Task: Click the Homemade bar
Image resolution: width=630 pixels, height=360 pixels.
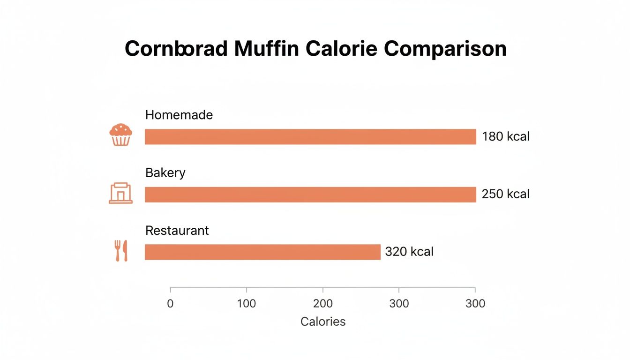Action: coord(310,137)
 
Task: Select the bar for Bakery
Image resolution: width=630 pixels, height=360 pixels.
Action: coord(310,195)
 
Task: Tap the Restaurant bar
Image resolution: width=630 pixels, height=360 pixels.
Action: coord(262,252)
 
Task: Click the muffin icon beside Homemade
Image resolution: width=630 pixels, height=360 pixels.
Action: coord(120,135)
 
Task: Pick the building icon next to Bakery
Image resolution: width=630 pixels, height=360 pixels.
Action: coord(120,193)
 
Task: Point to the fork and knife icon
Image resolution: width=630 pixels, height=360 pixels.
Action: coord(120,251)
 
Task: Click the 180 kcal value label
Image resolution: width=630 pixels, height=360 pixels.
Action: coord(506,137)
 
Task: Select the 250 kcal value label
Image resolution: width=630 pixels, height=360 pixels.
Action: coord(506,194)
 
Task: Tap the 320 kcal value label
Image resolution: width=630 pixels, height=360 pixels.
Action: coord(409,252)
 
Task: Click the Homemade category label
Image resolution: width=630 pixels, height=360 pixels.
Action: coord(179,115)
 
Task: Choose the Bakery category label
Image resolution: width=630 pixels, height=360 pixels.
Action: coord(165,172)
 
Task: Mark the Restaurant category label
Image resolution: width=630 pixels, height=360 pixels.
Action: coord(177,231)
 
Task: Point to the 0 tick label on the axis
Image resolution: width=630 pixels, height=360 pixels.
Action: coord(170,304)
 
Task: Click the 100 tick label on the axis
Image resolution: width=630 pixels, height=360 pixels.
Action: coord(247,304)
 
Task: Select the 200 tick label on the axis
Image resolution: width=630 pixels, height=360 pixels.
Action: coord(323,304)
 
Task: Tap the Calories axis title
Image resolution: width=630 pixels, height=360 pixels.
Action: coord(323,322)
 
